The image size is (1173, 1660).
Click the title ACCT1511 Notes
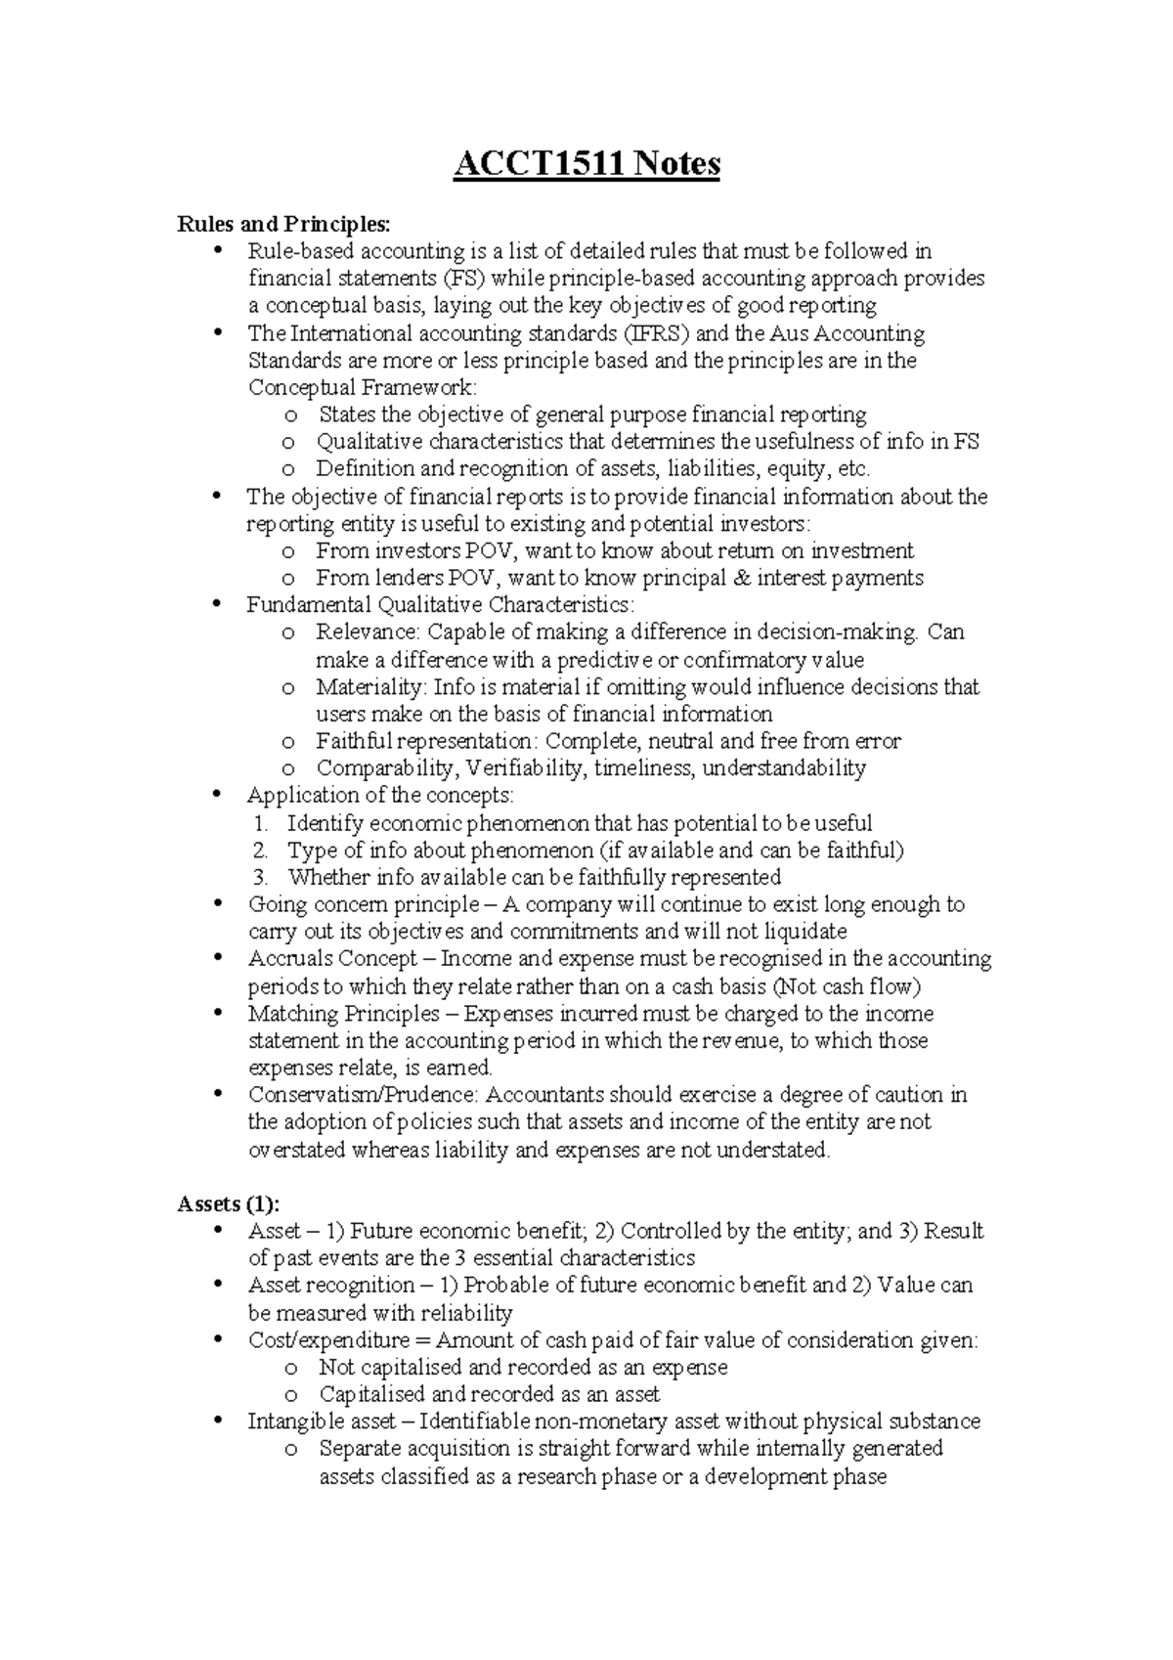click(x=586, y=163)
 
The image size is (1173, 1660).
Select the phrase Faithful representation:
click(x=427, y=741)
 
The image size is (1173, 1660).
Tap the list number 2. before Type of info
click(x=259, y=850)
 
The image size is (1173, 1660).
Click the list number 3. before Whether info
click(x=259, y=877)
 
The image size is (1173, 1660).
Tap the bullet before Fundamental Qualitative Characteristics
click(x=218, y=604)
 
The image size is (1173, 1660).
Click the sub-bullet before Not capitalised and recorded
click(x=289, y=1368)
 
